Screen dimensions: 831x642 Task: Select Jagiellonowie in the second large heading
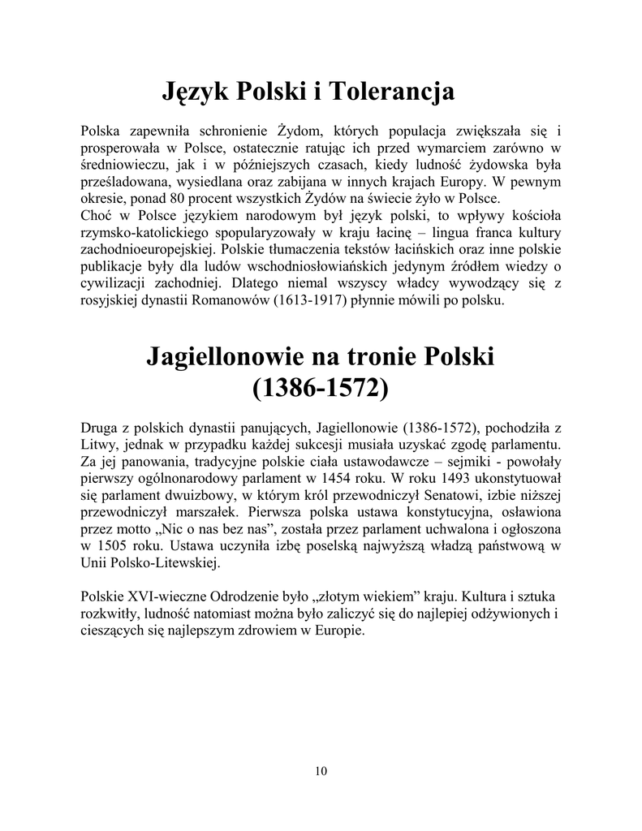[235, 357]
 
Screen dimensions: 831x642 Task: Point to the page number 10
[321, 771]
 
